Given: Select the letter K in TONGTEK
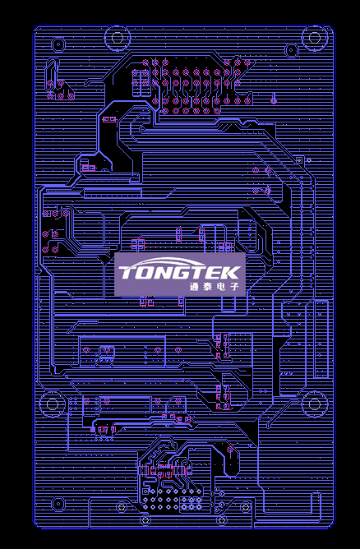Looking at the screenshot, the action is (x=232, y=272).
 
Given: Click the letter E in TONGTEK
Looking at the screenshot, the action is (x=215, y=272).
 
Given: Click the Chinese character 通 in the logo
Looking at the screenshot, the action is (x=194, y=287).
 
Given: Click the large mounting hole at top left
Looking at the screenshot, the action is (x=117, y=38).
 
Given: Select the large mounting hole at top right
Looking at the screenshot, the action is (x=315, y=38).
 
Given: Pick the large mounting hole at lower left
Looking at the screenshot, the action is (x=52, y=404).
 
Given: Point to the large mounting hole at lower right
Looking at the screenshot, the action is (x=315, y=404).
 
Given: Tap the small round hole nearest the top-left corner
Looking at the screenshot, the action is (x=58, y=44).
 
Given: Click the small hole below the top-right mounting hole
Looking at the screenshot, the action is (x=291, y=50).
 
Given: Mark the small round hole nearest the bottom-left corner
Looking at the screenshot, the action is (x=58, y=504).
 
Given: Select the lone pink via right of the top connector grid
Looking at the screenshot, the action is (x=274, y=101).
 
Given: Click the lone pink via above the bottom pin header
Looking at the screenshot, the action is (x=230, y=450).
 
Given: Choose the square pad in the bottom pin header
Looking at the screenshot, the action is (x=145, y=491).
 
